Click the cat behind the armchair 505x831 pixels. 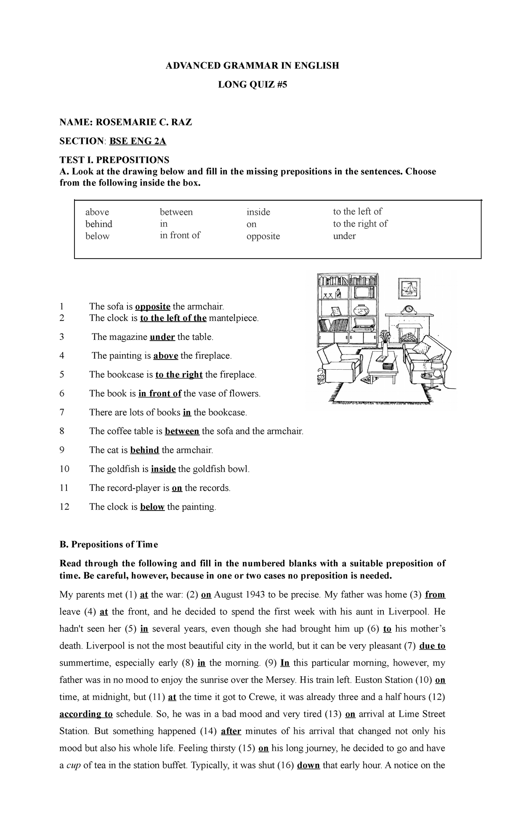coord(321,378)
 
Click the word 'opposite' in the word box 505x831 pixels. coord(263,236)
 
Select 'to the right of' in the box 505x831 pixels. coord(360,224)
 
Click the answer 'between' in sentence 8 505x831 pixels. coord(182,431)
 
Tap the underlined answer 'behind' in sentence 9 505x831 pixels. coord(144,450)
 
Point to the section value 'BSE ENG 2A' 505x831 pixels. coord(138,141)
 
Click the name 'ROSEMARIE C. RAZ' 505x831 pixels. coord(144,122)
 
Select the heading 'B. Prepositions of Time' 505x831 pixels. coord(109,545)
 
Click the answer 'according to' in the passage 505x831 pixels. coord(86,714)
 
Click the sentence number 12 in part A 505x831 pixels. coord(64,507)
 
